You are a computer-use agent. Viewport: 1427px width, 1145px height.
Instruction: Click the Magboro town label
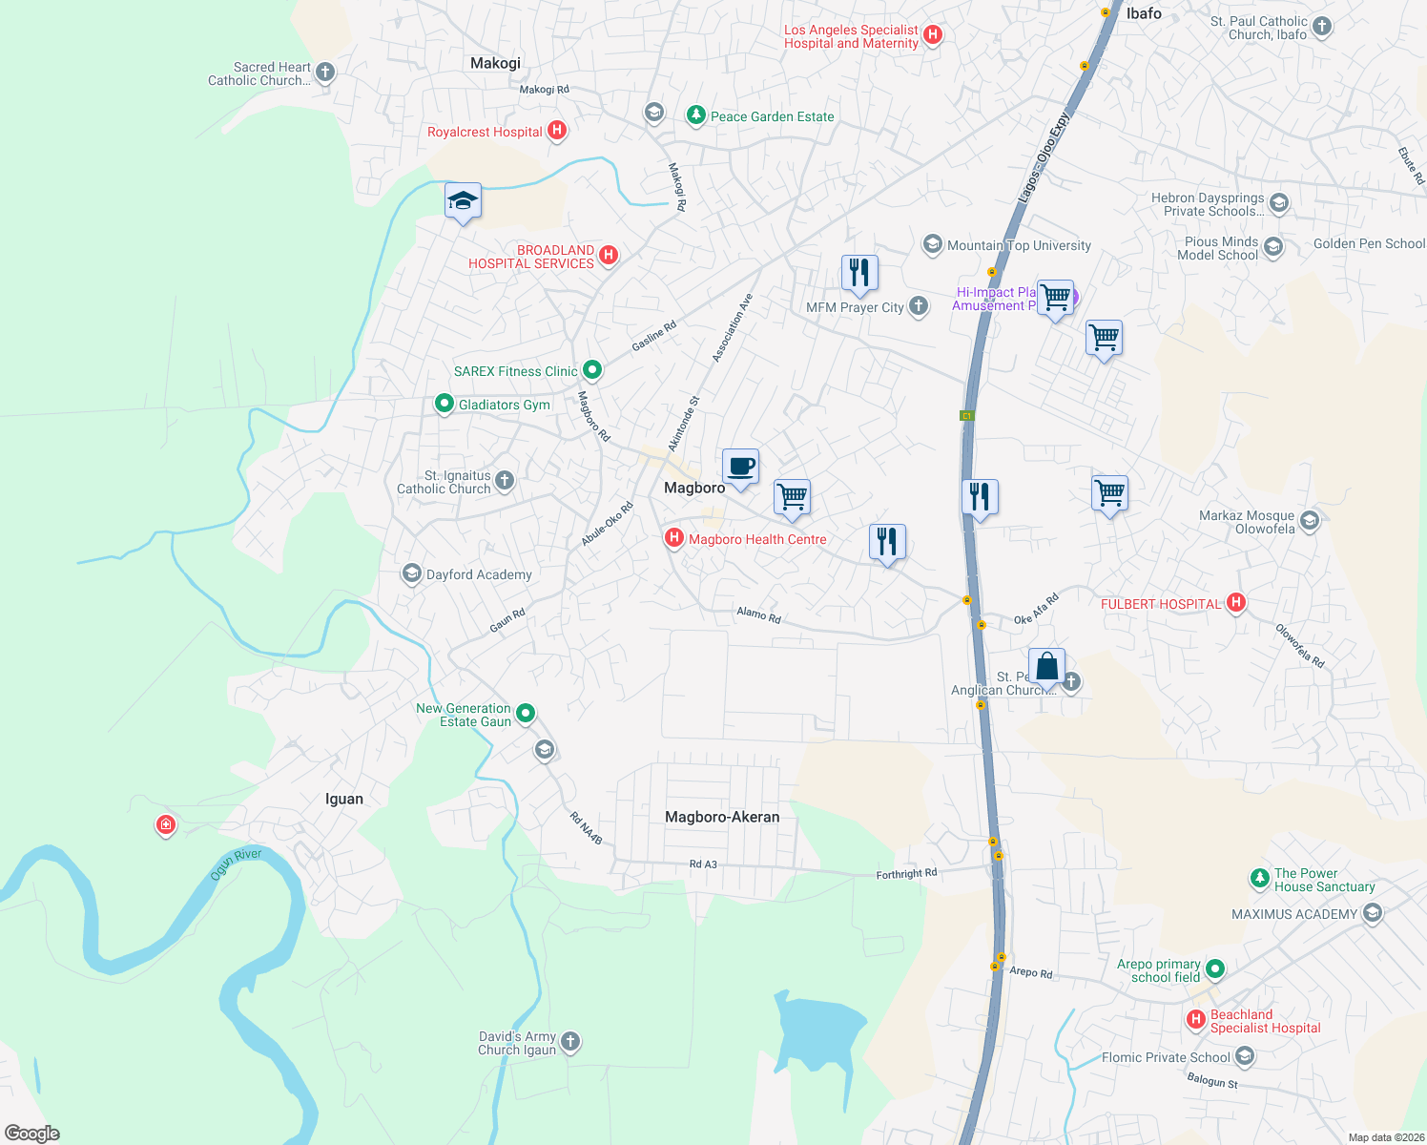694,489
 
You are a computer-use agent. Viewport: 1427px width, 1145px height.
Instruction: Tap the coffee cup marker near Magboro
740,468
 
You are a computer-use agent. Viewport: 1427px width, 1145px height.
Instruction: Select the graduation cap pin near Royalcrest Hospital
463,201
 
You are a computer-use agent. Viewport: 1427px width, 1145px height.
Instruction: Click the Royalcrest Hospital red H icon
557,131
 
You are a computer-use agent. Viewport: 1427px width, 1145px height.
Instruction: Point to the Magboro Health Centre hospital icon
674,539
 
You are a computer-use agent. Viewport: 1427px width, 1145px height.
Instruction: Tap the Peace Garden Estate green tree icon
696,116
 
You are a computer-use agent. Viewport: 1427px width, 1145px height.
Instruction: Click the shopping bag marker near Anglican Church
1046,667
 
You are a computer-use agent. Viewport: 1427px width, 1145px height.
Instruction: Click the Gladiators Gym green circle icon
444,405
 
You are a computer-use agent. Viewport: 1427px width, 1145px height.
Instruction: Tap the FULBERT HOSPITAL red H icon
1236,603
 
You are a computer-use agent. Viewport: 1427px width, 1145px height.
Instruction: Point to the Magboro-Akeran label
722,818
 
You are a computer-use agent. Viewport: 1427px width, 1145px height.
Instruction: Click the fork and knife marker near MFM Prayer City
859,273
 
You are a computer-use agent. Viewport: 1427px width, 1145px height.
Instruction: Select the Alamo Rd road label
758,615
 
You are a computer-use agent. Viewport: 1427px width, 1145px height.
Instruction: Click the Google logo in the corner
31,1134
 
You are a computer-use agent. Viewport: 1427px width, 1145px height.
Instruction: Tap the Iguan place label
344,800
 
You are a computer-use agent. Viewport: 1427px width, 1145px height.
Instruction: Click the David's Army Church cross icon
570,1042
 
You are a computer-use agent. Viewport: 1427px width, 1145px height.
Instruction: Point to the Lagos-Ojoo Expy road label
1044,158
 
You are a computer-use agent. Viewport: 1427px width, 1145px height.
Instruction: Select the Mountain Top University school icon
932,245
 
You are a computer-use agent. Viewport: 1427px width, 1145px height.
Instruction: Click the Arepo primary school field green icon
1214,970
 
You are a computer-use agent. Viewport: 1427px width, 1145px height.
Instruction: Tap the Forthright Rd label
906,874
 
